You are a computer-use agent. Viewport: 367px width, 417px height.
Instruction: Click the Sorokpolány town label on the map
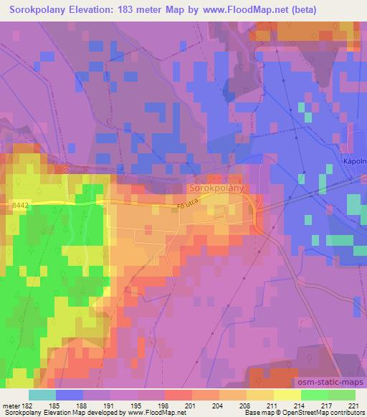point(217,188)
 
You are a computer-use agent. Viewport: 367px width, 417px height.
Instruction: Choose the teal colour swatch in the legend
point(42,395)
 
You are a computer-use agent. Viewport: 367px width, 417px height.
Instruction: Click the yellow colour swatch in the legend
point(287,395)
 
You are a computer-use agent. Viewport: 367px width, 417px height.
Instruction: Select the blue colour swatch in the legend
point(70,395)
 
